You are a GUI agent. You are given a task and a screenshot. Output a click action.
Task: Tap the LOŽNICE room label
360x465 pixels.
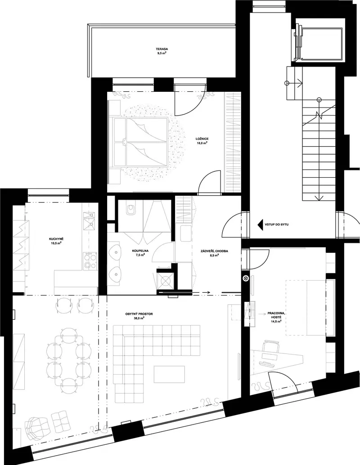202,139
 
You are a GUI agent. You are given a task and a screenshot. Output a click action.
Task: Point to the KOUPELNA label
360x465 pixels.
140,250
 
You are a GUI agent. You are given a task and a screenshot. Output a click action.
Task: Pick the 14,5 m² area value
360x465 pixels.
275,321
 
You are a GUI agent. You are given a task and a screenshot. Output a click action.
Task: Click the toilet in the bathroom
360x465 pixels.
130,209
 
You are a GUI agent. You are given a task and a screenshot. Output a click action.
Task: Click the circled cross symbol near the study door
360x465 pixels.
246,278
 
